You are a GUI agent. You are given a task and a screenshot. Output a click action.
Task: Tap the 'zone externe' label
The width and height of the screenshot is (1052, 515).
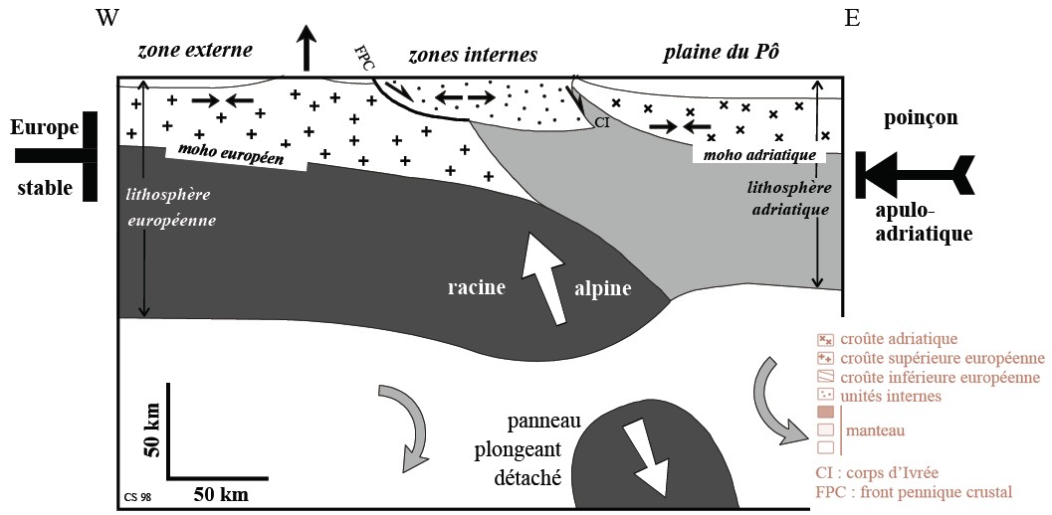tap(196, 51)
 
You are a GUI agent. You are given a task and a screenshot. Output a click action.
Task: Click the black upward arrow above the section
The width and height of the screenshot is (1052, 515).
tap(308, 49)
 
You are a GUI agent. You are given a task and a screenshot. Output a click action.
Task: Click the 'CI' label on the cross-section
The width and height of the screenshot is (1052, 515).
tap(600, 122)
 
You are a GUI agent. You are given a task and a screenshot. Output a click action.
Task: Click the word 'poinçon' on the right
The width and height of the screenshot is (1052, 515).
tap(920, 117)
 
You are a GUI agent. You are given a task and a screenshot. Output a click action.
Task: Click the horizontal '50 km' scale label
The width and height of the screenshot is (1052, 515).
tap(221, 492)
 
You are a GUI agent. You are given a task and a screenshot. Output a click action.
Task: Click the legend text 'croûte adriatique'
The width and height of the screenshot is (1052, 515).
tap(900, 339)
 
